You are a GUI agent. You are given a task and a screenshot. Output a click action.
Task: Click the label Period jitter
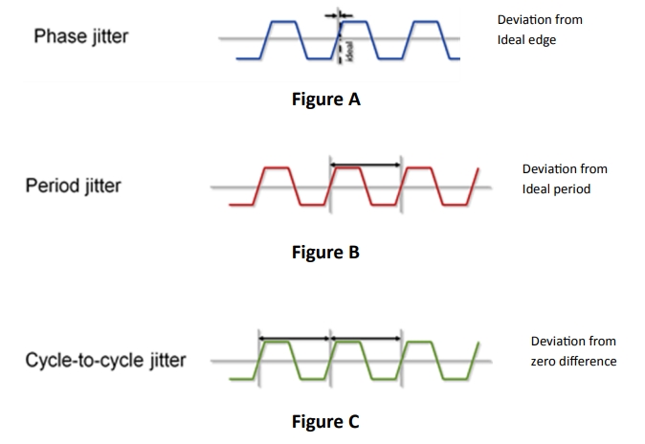point(73,185)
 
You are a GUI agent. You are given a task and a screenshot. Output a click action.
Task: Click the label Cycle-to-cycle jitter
point(106,361)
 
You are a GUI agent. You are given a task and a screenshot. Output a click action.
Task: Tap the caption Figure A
point(326,99)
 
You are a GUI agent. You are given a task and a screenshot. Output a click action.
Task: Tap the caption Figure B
point(325,253)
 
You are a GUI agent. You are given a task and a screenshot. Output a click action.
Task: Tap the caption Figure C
point(325,421)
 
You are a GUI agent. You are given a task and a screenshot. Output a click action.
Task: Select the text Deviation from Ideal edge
point(540,29)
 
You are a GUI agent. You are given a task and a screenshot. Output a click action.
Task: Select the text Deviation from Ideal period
point(564,179)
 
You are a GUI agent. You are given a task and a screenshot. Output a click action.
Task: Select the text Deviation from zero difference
point(573,351)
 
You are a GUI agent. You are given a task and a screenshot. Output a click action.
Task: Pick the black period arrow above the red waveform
point(365,165)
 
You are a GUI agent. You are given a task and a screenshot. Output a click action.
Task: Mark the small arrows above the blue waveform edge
point(339,15)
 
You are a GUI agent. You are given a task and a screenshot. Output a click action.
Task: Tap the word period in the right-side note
point(573,189)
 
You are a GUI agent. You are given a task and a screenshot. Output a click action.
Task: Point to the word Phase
point(56,37)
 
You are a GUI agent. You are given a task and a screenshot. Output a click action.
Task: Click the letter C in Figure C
point(353,421)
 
